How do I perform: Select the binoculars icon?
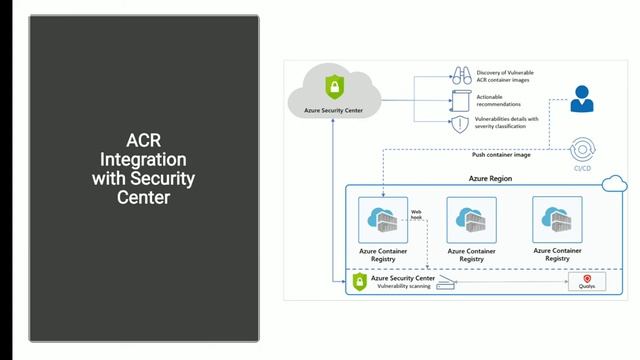(460, 74)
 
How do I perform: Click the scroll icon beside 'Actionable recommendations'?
(460, 100)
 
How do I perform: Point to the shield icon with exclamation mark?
(460, 124)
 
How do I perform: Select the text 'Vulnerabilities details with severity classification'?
(507, 123)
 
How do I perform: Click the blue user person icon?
(581, 99)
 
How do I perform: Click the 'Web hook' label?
(418, 216)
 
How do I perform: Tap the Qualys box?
(587, 283)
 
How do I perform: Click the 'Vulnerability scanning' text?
(404, 287)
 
